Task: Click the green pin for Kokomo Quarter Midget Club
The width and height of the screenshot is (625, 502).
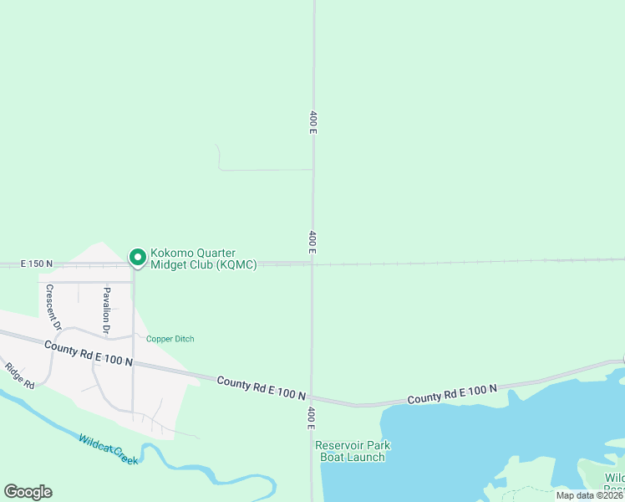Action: [x=136, y=258]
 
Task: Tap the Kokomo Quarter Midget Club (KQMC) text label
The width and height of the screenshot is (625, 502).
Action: [x=203, y=259]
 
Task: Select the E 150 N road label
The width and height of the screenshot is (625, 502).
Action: [x=36, y=264]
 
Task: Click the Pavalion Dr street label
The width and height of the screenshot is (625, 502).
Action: [x=107, y=310]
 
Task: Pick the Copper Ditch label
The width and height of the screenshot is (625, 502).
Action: [x=170, y=339]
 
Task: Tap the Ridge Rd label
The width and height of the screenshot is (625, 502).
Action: [x=19, y=375]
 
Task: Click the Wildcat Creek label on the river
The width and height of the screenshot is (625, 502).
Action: [x=109, y=449]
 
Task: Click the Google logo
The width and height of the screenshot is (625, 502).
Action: [x=28, y=492]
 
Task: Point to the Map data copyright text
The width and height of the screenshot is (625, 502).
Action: [x=589, y=495]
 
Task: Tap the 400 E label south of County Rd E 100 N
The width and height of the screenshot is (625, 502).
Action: [x=312, y=417]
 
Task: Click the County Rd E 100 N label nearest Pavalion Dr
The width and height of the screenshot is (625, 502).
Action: [x=89, y=354]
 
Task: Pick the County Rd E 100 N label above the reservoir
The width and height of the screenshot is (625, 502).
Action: [x=452, y=393]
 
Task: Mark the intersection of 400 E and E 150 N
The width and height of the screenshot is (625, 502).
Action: [x=312, y=264]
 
